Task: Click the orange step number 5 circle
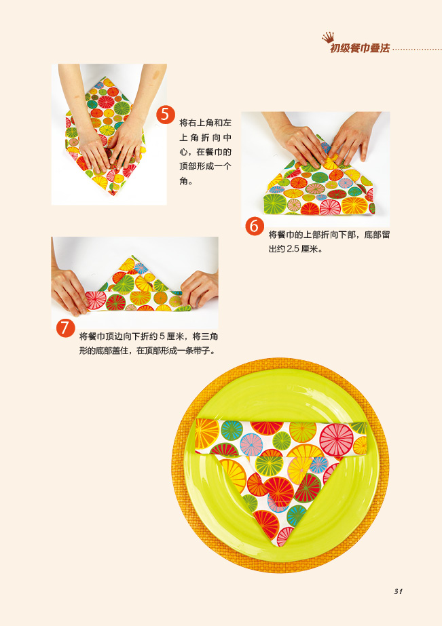pyautogui.click(x=166, y=115)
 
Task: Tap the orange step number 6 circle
pyautogui.click(x=255, y=226)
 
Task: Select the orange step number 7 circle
pyautogui.click(x=65, y=328)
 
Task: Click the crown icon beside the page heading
pyautogui.click(x=328, y=38)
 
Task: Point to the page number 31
pyautogui.click(x=398, y=591)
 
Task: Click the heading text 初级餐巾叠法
pyautogui.click(x=360, y=49)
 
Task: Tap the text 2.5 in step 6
pyautogui.click(x=293, y=249)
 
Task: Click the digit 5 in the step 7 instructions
pyautogui.click(x=162, y=336)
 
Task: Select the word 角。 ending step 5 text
pyautogui.click(x=186, y=181)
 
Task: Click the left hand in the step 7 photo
pyautogui.click(x=69, y=290)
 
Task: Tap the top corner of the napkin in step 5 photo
pyautogui.click(x=103, y=78)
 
